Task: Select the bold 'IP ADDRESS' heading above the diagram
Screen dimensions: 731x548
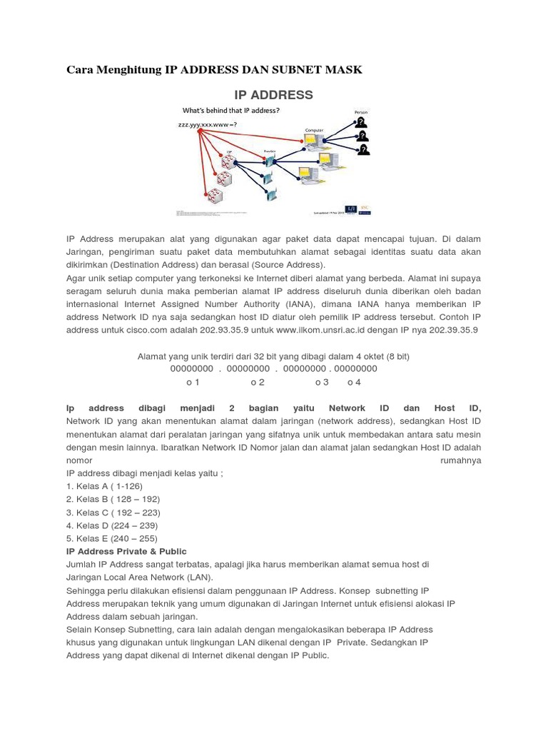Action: pos(274,95)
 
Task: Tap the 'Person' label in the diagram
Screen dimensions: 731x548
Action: pos(362,112)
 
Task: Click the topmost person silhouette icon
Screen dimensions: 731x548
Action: pos(362,122)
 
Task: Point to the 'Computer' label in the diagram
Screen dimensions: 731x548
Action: pos(314,130)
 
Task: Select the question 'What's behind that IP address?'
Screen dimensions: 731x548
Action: pos(231,111)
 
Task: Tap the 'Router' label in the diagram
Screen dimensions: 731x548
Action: pos(270,151)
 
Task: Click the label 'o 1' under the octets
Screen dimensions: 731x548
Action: pos(193,382)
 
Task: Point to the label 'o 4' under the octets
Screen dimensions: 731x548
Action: pos(354,382)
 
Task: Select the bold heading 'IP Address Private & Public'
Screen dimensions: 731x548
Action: pos(126,551)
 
